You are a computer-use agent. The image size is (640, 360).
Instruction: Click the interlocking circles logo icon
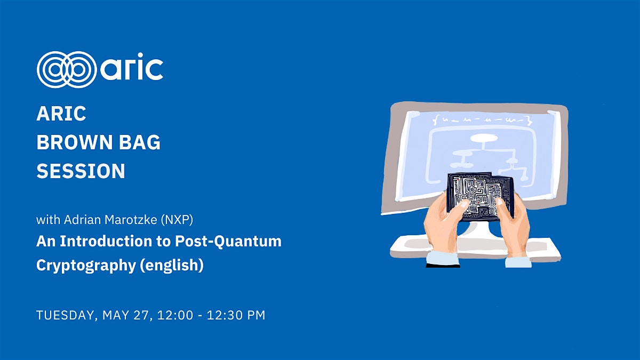pos(67,69)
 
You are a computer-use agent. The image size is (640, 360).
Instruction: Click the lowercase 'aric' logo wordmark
pos(132,67)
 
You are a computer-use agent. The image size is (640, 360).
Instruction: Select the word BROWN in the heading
pos(75,142)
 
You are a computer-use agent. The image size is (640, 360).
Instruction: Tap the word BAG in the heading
pos(140,142)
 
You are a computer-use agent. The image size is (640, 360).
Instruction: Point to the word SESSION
pos(81,171)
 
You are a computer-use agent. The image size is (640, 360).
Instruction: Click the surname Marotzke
pos(131,220)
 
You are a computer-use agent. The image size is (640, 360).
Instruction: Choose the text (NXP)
pos(177,220)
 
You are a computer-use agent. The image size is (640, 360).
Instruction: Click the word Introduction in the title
pos(106,241)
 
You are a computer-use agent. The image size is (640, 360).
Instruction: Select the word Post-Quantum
pos(228,242)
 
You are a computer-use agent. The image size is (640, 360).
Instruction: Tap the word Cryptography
pos(86,266)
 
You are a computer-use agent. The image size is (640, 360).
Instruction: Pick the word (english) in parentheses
pos(172,265)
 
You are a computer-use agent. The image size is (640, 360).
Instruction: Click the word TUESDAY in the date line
pos(65,315)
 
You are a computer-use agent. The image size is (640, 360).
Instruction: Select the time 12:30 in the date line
pos(225,315)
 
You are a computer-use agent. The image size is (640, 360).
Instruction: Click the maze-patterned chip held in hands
pos(481,197)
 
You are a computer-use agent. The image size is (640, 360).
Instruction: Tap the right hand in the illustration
pos(513,226)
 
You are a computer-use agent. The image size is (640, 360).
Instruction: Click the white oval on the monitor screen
pos(484,139)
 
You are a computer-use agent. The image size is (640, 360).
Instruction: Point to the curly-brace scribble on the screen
pos(483,119)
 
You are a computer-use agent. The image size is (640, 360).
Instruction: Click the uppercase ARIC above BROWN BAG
pos(61,114)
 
